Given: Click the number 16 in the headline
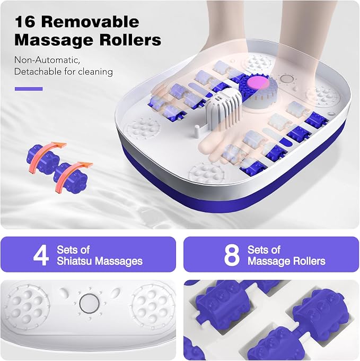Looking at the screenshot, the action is (x=25, y=22).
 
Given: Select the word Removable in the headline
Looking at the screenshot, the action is (x=90, y=22).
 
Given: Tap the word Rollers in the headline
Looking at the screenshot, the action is (x=130, y=40).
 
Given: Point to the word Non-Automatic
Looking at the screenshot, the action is (x=47, y=60).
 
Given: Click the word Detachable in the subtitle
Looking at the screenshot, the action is (x=38, y=72).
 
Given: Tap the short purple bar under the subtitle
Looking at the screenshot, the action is (x=29, y=89).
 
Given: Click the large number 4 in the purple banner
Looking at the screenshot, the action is (x=41, y=255).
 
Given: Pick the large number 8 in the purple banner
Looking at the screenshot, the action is (x=232, y=255).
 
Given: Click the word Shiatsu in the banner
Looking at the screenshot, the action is (x=74, y=261).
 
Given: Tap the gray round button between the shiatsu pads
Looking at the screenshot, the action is (x=90, y=303).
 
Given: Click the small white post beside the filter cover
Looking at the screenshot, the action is (x=197, y=132).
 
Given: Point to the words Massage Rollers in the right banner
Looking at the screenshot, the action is (x=286, y=261).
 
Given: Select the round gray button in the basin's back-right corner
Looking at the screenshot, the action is (x=287, y=79).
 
